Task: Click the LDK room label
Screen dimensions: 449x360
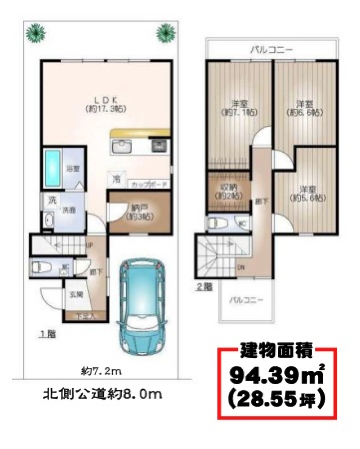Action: (105, 104)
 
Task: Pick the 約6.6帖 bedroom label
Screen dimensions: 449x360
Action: (305, 107)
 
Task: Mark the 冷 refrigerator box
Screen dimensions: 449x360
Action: (116, 178)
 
